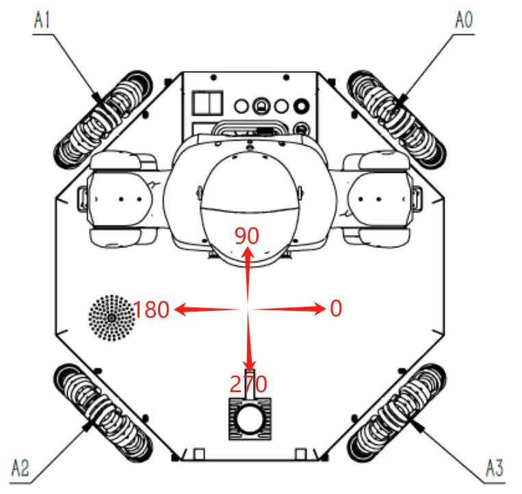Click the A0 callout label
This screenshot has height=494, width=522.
(x=463, y=20)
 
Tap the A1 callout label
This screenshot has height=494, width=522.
(x=42, y=20)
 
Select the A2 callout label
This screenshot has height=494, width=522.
(x=21, y=469)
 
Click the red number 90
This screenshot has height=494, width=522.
(x=246, y=236)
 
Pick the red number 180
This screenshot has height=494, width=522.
(x=151, y=310)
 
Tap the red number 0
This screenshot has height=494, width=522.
(x=335, y=310)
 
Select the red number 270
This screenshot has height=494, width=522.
(x=248, y=385)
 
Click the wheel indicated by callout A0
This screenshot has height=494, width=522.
(x=396, y=115)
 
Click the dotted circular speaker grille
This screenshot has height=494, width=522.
(x=112, y=318)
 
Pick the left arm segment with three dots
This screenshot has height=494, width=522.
(x=123, y=199)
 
